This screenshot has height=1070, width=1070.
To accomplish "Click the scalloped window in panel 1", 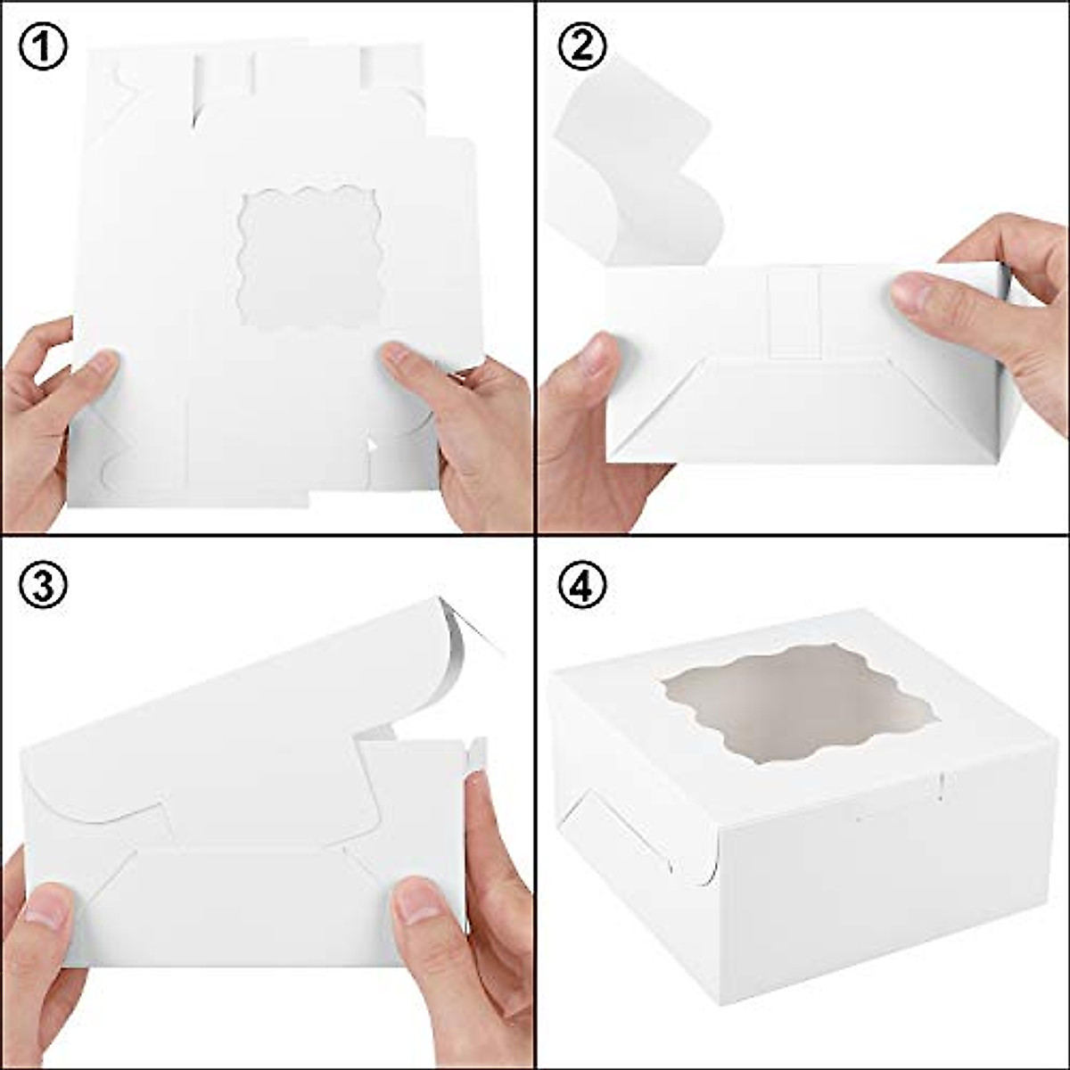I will coord(310,258).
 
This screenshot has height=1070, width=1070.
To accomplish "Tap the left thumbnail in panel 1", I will coord(99,364).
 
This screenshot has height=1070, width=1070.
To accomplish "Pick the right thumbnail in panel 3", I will coord(419,901).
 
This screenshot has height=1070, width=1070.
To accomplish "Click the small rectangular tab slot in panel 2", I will coord(793,314).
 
